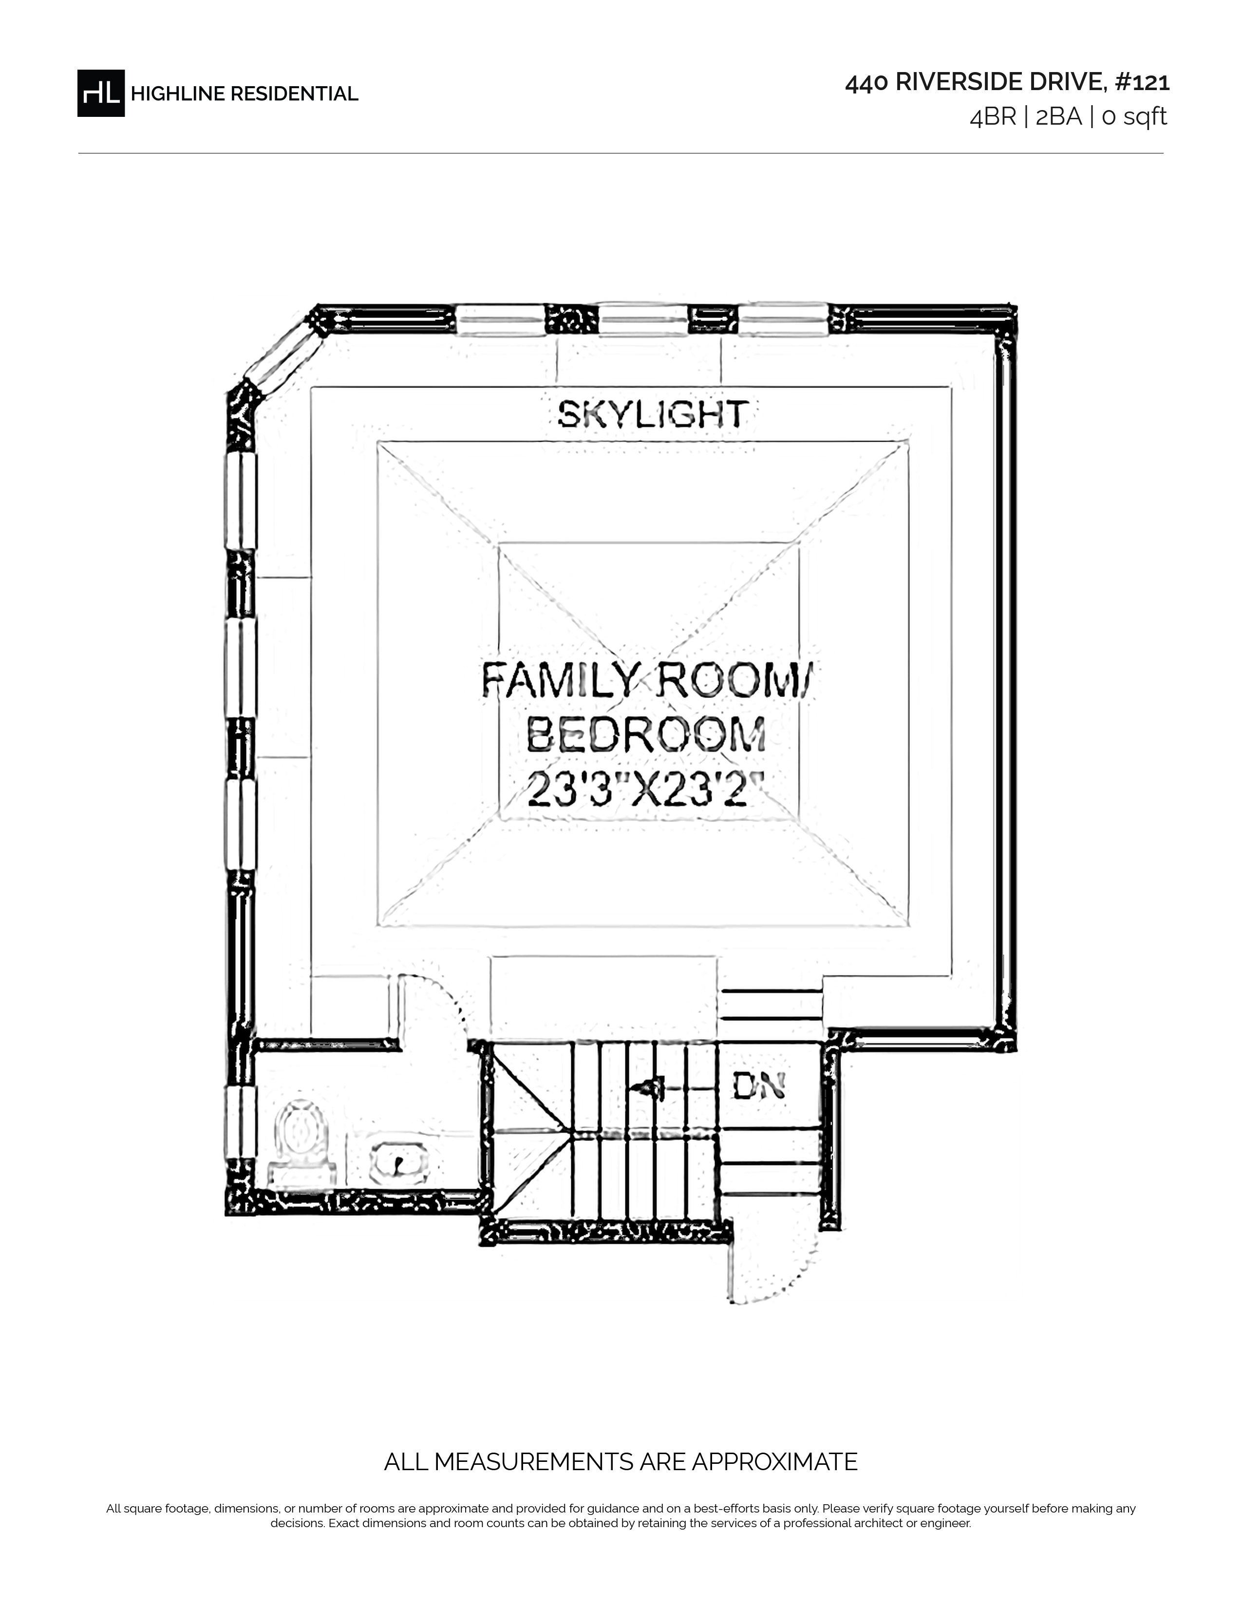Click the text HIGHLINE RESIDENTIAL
(x=245, y=94)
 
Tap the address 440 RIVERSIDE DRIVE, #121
(x=1007, y=82)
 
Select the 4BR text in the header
(x=993, y=117)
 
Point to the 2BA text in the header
(x=1059, y=117)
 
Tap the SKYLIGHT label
(x=653, y=414)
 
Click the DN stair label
(x=758, y=1086)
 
